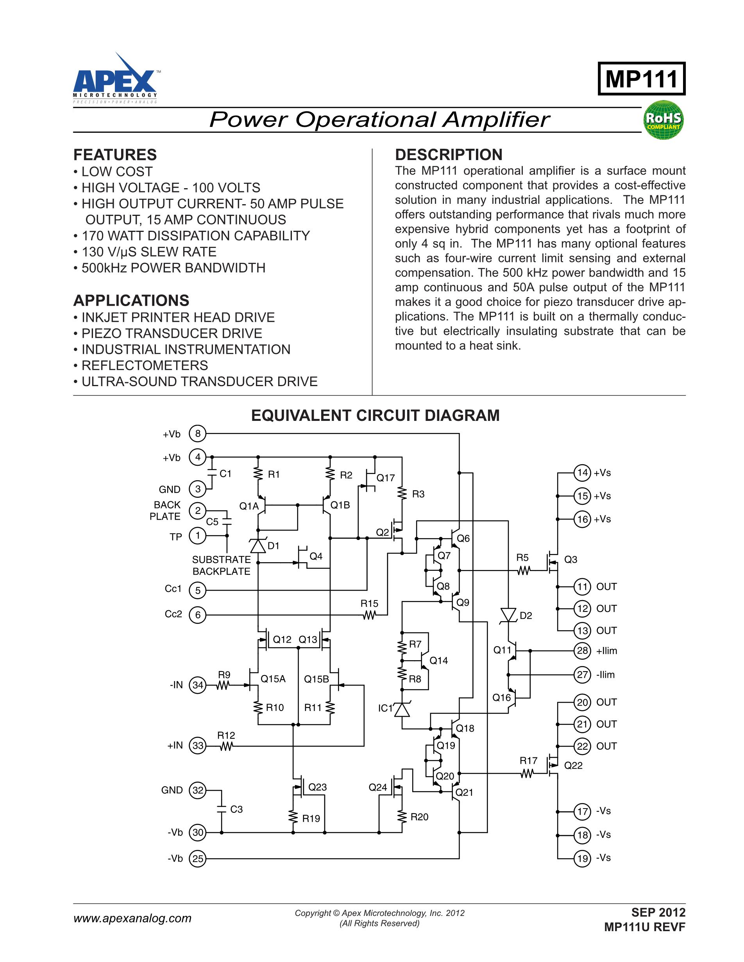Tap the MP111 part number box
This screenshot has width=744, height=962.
click(x=641, y=79)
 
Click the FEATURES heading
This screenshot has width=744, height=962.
click(x=115, y=155)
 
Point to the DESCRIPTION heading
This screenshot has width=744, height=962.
click(x=448, y=155)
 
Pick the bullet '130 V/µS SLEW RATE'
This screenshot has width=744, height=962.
click(x=149, y=252)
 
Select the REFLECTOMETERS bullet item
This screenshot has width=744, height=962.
click(x=145, y=365)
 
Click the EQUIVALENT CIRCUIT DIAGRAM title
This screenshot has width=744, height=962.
click(x=375, y=415)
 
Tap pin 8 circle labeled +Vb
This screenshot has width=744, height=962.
click(x=198, y=434)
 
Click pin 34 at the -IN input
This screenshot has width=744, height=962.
click(x=198, y=685)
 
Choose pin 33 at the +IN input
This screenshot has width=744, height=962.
click(x=198, y=746)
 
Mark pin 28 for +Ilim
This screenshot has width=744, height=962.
click(x=582, y=650)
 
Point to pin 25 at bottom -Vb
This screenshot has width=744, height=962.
click(x=198, y=858)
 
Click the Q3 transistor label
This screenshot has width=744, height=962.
click(x=571, y=559)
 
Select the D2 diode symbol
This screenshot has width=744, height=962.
click(x=509, y=615)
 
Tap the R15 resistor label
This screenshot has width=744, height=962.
click(x=369, y=604)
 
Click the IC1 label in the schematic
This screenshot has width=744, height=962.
click(x=385, y=708)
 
